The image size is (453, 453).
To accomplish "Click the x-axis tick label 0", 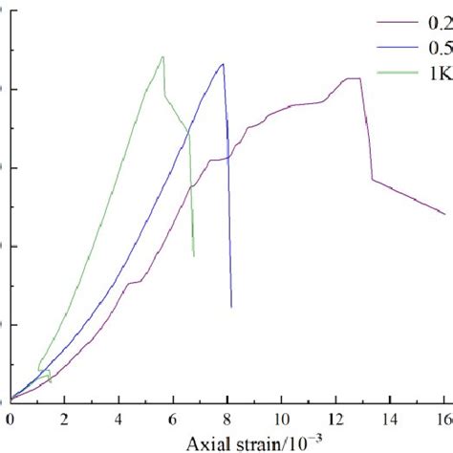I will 10,419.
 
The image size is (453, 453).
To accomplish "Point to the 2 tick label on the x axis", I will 64,419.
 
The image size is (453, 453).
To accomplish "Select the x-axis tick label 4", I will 119,419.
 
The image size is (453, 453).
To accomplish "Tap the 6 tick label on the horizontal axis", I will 173,419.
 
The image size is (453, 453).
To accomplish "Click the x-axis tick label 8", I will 227,419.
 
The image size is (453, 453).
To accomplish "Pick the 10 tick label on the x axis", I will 281,419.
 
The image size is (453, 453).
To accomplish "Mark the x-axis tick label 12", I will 335,419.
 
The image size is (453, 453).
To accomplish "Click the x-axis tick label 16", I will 442,419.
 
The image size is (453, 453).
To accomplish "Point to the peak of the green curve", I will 163,56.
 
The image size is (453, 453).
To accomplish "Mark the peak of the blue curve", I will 223,64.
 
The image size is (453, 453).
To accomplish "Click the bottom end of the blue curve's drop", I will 231,307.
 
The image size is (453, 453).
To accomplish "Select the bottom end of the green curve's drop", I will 194,256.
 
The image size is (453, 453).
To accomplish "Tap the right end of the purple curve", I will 444,213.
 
